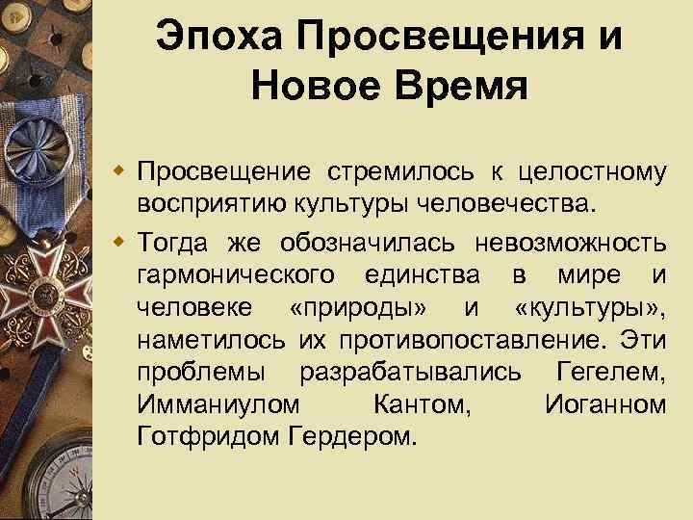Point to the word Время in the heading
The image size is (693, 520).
coord(459,87)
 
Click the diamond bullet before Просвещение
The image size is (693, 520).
coord(122,173)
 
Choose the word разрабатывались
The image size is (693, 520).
coord(412,373)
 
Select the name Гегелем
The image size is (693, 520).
coord(610,373)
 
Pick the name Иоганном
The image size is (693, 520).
coord(604,405)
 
